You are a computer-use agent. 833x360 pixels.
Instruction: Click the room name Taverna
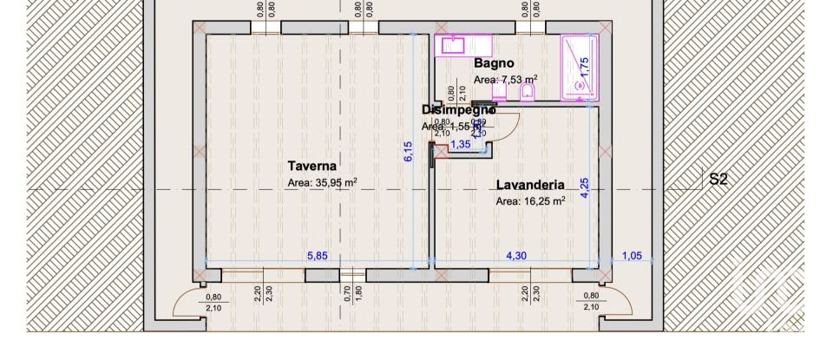(312, 165)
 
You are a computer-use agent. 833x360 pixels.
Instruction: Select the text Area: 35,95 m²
(323, 183)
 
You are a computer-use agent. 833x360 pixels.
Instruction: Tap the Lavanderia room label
(530, 185)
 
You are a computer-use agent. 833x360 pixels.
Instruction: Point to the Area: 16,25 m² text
(530, 200)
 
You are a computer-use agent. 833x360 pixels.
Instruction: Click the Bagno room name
(494, 63)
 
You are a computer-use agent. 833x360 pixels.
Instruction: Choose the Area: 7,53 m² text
(505, 80)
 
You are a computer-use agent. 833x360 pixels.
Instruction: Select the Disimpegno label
(458, 110)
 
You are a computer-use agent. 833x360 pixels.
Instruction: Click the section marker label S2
(718, 180)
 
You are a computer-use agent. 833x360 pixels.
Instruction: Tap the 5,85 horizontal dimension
(318, 256)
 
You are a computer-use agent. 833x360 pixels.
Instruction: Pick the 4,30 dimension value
(516, 256)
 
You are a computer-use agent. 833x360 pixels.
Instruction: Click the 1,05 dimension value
(632, 256)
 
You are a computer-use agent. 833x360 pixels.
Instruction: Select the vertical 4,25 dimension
(585, 188)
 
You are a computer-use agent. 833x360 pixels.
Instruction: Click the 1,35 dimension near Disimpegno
(460, 144)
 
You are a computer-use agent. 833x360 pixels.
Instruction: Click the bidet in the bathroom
(527, 92)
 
